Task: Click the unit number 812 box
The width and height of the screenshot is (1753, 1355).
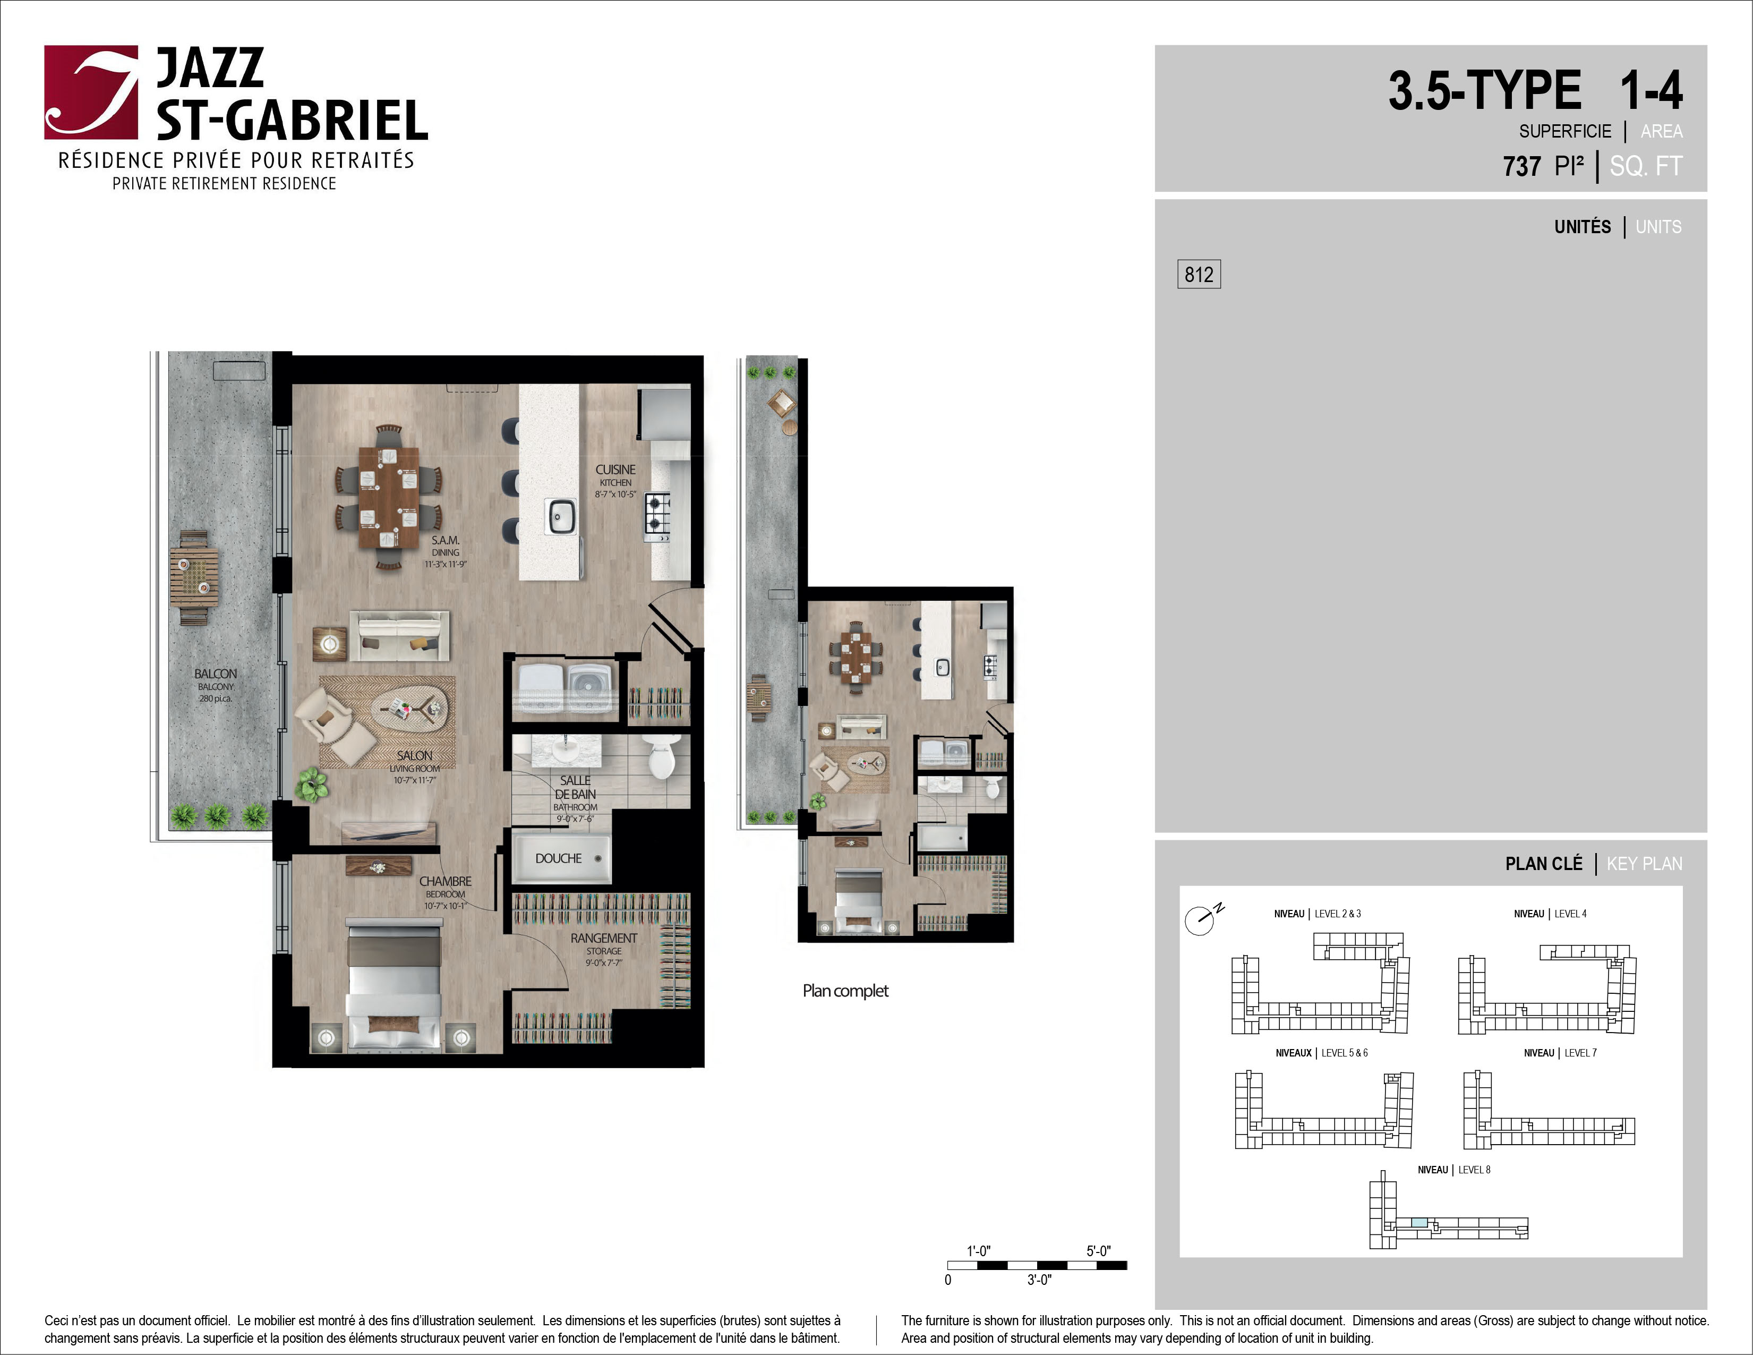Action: (x=1199, y=275)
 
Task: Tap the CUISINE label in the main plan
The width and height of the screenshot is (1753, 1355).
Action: (x=615, y=470)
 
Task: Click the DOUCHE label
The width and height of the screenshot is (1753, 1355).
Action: (x=559, y=858)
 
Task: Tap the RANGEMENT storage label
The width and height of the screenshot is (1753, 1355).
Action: (x=604, y=938)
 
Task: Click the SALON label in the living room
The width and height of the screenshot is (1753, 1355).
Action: (x=415, y=755)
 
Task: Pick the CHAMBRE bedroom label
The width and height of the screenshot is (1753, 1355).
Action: (x=446, y=881)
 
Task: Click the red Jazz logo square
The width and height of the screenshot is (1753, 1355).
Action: (x=91, y=92)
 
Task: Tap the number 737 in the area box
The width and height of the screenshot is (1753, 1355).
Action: (x=1522, y=166)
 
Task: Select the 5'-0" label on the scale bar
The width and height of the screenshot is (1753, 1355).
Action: (x=1099, y=1251)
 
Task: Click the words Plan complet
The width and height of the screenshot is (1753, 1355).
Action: (x=845, y=991)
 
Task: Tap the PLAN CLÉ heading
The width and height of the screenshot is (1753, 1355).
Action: (x=1544, y=864)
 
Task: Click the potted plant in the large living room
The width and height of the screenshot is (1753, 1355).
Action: (x=311, y=783)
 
